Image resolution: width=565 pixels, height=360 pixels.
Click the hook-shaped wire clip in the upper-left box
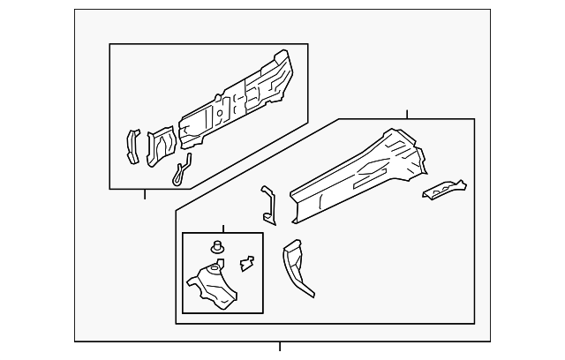click(x=182, y=171)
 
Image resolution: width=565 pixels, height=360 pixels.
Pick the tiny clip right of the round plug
click(x=247, y=261)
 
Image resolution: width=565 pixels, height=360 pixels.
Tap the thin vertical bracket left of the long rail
click(x=267, y=204)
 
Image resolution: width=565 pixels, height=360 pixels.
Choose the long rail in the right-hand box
click(x=353, y=176)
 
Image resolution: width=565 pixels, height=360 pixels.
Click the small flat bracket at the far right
click(x=444, y=188)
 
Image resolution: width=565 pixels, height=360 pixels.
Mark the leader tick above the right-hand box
click(x=407, y=114)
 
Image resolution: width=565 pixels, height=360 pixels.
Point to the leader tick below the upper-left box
click(x=145, y=194)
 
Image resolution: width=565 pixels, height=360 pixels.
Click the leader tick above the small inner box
click(x=222, y=228)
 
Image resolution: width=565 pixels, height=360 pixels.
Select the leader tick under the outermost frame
click(x=280, y=346)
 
